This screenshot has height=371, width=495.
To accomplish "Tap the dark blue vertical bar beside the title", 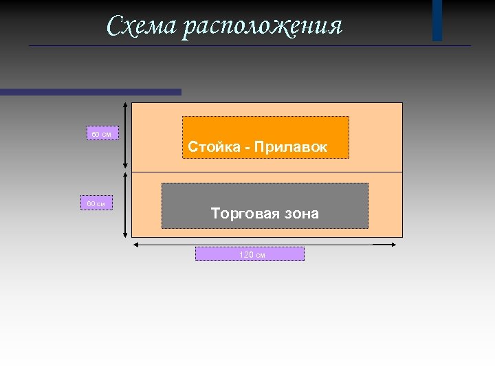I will click(x=437, y=20).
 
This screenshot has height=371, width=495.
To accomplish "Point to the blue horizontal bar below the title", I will click(x=90, y=91).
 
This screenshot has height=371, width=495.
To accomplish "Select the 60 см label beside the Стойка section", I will click(x=102, y=133).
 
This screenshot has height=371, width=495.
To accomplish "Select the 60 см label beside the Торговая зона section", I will click(x=96, y=203).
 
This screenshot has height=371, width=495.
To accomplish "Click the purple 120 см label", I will click(x=250, y=254).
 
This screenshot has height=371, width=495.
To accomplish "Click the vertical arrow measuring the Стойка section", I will click(x=124, y=135).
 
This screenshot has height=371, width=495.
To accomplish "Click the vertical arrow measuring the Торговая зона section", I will click(x=124, y=205).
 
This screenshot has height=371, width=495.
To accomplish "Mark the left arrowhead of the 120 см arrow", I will click(x=135, y=243).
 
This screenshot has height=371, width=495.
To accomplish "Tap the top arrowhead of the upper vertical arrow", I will click(x=124, y=105).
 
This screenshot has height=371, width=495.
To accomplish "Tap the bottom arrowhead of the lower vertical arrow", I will click(x=124, y=235).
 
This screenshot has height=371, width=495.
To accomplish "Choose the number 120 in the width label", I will click(x=245, y=254).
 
